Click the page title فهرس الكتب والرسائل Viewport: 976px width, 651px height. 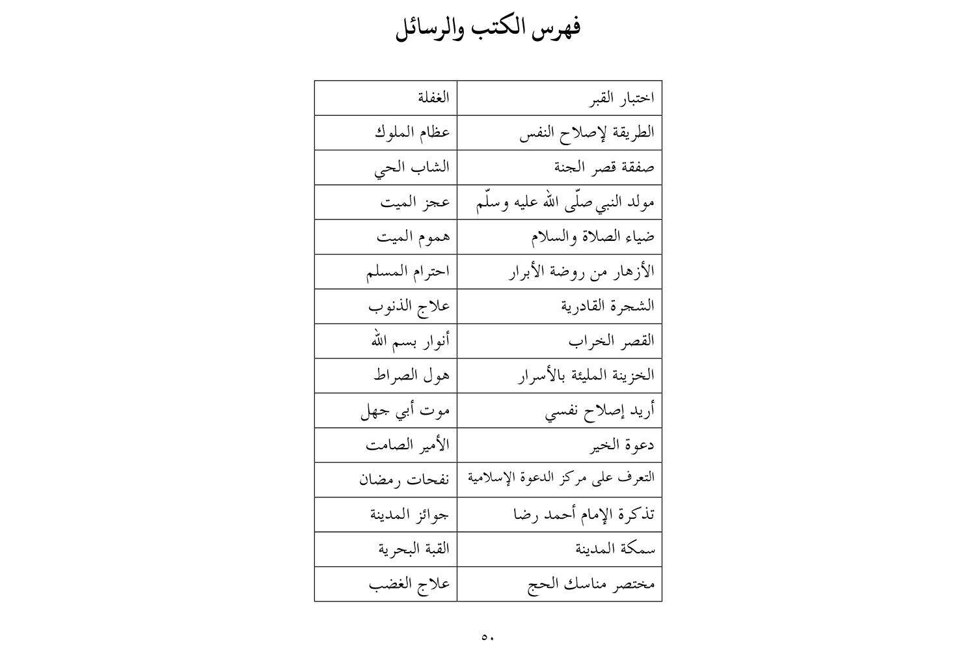pos(488,29)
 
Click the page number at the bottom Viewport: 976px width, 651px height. pos(488,637)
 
